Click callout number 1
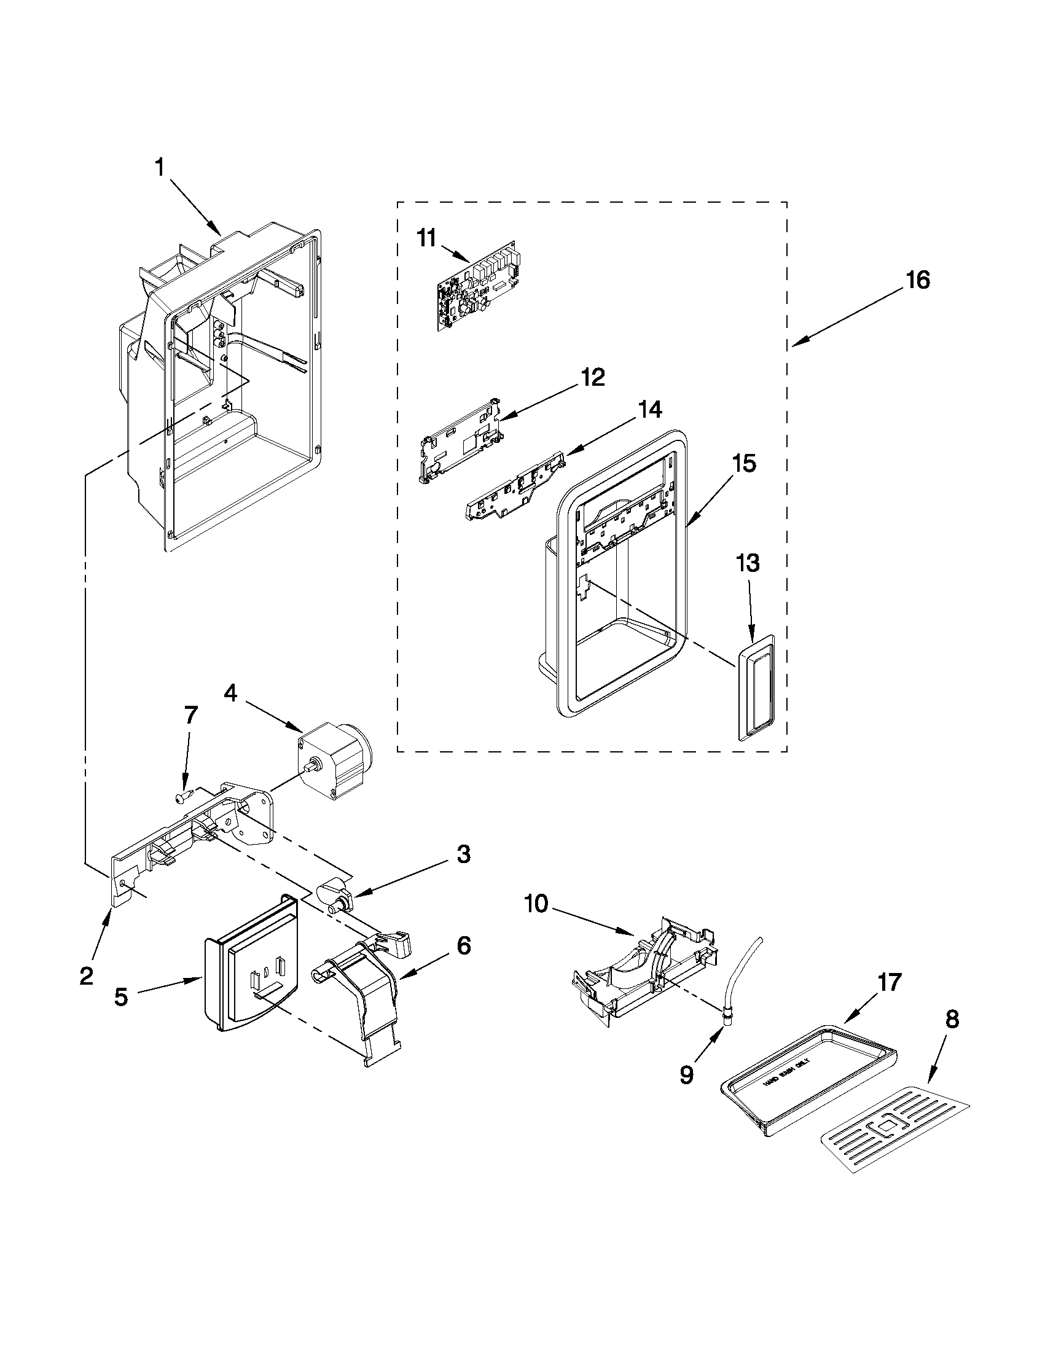click(x=160, y=168)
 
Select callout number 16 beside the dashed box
click(x=917, y=281)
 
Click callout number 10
click(x=536, y=904)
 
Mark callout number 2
click(x=87, y=976)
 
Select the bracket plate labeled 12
click(x=461, y=444)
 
